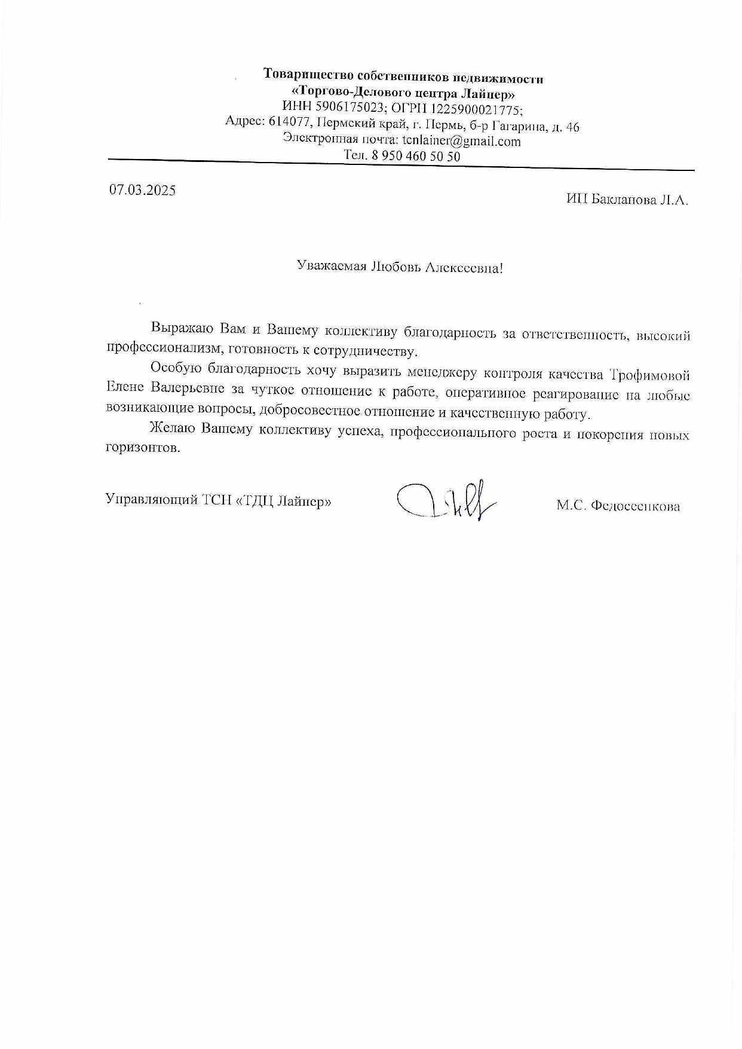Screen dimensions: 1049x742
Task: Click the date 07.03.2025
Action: [x=142, y=190]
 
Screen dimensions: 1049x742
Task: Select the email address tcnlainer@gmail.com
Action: [x=461, y=142]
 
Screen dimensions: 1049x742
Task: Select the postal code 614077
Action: [x=290, y=122]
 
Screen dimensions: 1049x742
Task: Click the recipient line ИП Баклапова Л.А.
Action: [x=627, y=200]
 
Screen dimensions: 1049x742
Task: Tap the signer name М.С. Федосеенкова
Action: [x=618, y=506]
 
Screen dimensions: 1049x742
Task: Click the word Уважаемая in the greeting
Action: [x=331, y=266]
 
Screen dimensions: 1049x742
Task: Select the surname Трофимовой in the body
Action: [x=649, y=375]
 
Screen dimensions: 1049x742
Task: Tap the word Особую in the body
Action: [x=176, y=368]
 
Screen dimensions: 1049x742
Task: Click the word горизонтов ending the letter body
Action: [x=143, y=448]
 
